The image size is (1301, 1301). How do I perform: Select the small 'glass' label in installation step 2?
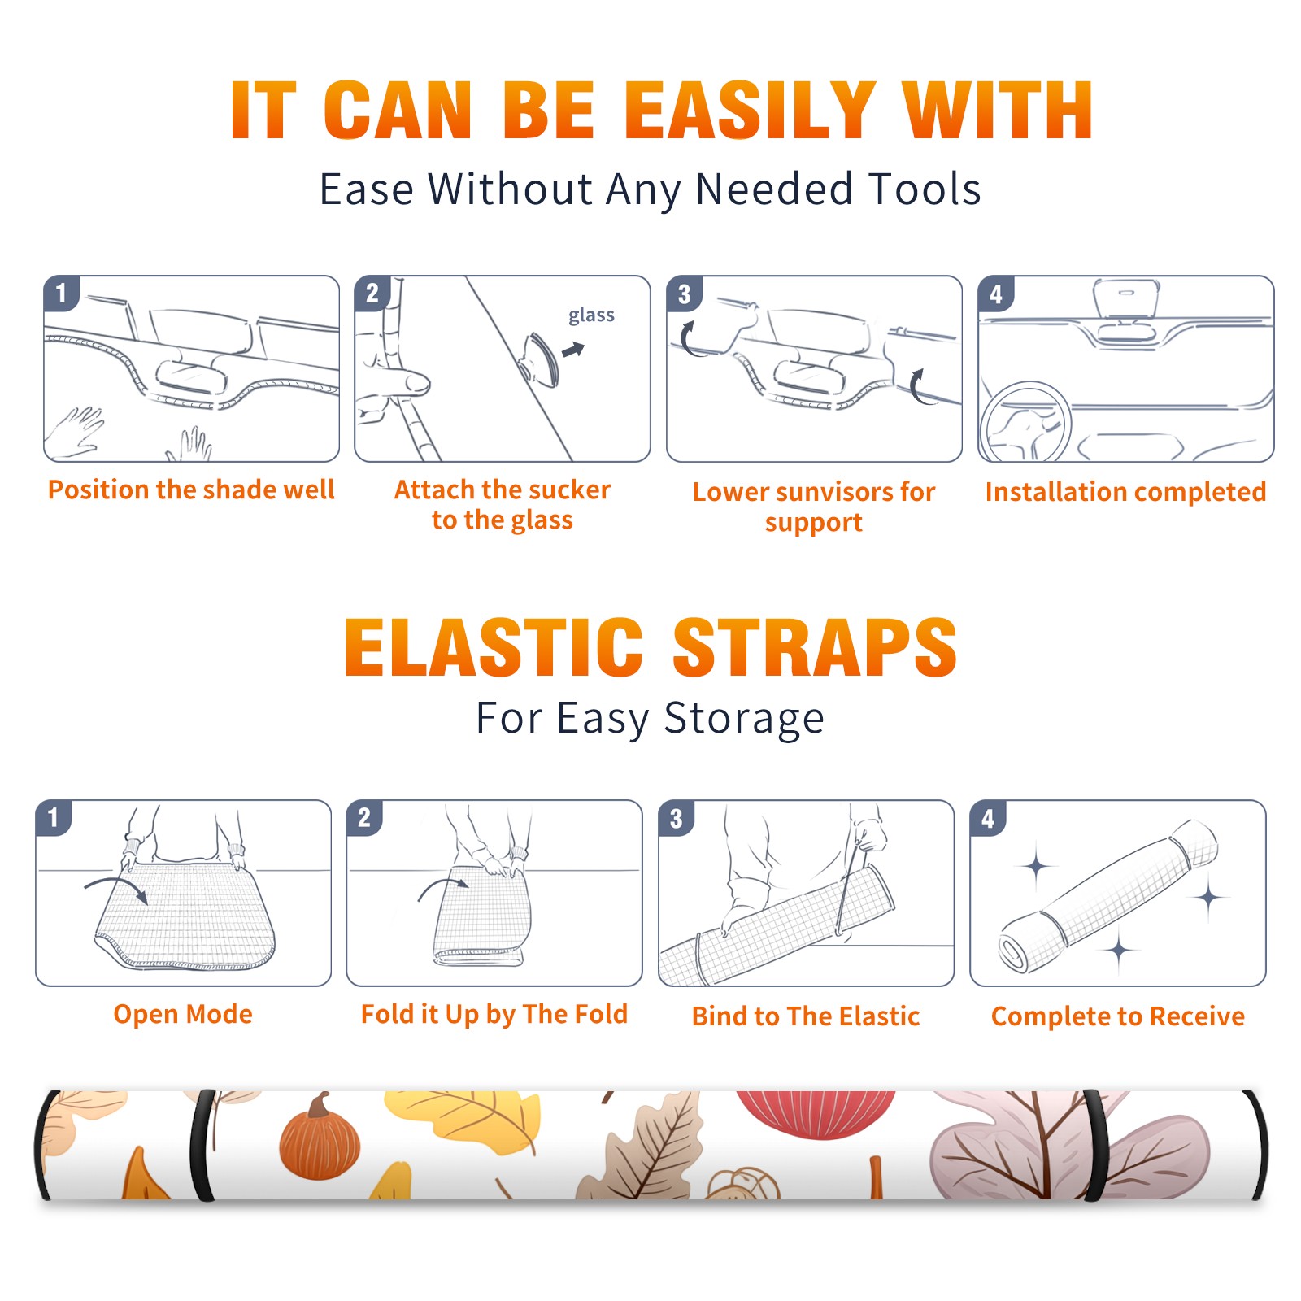click(591, 315)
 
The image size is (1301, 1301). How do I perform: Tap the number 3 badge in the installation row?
click(684, 294)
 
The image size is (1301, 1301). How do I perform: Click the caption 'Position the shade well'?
click(191, 490)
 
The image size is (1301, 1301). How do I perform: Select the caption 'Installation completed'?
click(1125, 491)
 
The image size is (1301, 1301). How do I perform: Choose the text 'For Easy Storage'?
click(650, 718)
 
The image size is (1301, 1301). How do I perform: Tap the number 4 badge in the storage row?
click(988, 818)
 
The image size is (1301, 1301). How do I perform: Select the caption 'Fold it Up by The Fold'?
click(494, 1014)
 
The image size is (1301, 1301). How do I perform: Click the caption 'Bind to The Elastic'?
click(806, 1016)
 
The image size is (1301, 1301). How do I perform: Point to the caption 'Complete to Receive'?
click(1118, 1016)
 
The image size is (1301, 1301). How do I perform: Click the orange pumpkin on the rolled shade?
click(319, 1138)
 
